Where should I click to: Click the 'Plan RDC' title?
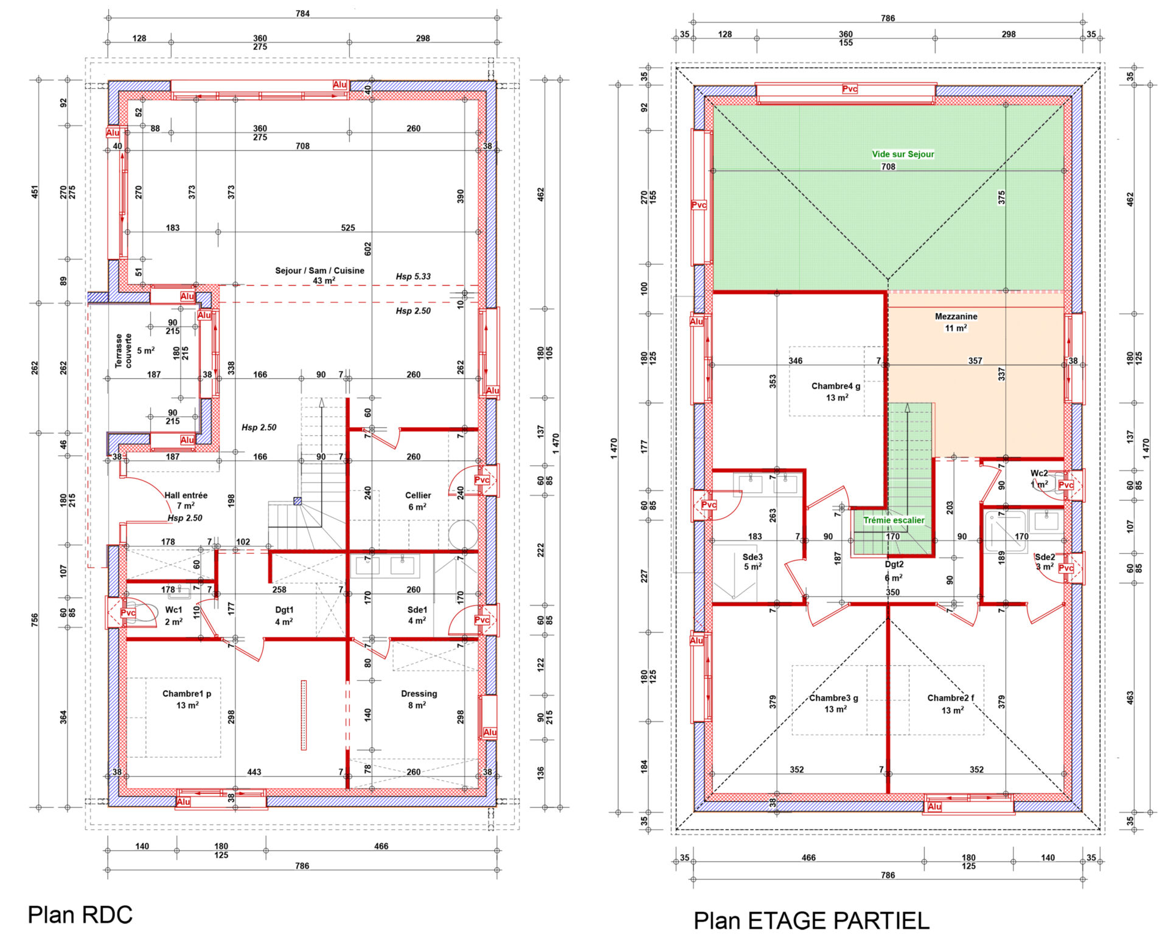80,915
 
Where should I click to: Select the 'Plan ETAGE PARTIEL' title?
812,921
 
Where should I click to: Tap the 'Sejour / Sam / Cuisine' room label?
319,271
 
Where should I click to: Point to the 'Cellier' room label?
418,495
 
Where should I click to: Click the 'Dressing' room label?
419,694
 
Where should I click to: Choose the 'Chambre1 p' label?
187,694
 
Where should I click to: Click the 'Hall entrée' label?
186,495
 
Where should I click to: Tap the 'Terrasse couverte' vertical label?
123,351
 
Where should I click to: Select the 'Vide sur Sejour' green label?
903,154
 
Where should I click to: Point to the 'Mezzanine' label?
956,317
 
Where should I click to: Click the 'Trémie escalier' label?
894,520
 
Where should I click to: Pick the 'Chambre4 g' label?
836,386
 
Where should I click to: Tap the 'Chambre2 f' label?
950,698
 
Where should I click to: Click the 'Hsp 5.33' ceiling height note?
413,277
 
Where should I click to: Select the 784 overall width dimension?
302,13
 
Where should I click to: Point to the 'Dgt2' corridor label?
894,565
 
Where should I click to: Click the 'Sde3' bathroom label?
753,557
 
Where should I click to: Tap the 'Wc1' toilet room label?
173,610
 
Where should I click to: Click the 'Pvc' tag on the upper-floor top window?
849,89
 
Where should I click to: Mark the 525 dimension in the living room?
348,228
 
